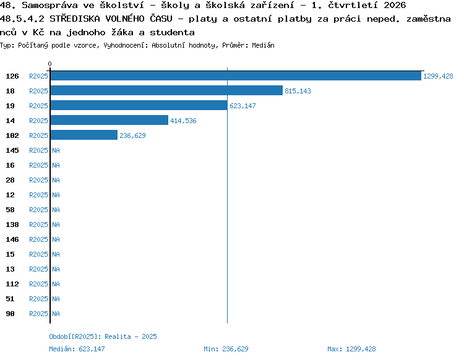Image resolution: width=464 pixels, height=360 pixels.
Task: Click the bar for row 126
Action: [236, 76]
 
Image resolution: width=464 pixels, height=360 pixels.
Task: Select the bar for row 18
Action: [166, 91]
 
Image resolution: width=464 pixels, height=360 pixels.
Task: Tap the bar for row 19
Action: [139, 106]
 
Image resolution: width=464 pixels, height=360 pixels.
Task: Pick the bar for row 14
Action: [110, 121]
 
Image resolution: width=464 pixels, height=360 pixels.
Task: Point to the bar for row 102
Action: [84, 135]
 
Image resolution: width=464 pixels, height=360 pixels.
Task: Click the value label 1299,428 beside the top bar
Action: [438, 76]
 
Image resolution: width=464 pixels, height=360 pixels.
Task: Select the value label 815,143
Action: [298, 91]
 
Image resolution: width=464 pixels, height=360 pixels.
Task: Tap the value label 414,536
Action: [183, 121]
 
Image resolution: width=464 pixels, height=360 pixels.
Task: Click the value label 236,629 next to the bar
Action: [132, 135]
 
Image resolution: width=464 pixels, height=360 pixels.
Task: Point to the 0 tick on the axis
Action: [49, 64]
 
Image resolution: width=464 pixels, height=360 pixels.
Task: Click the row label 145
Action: [12, 150]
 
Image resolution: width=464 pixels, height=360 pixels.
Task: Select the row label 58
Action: [10, 210]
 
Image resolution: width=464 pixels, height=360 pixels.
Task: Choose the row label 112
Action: [12, 284]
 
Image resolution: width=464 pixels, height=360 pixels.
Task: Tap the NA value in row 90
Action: [56, 314]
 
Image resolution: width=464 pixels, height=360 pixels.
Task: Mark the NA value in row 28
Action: [56, 180]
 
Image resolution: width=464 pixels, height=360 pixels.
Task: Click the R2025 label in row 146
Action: [38, 239]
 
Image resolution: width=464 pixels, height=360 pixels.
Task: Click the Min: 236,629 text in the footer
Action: [226, 349]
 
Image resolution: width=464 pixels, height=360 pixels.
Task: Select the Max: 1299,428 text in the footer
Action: [351, 349]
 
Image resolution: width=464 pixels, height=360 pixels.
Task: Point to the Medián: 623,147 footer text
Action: [77, 349]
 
